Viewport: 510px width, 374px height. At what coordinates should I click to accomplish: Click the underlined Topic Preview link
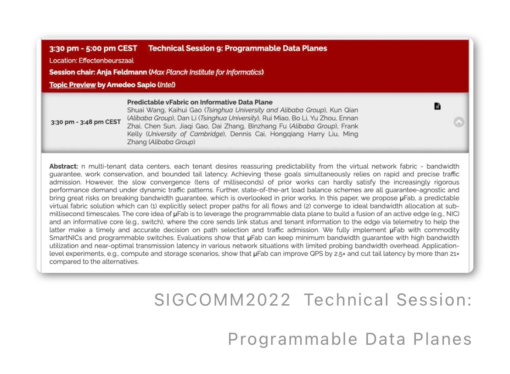(x=72, y=85)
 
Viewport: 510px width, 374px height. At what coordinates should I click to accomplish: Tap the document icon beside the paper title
(x=438, y=106)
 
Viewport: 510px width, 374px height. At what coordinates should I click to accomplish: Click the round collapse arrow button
(x=459, y=122)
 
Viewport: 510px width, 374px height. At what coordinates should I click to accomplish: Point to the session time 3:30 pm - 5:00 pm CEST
(x=93, y=48)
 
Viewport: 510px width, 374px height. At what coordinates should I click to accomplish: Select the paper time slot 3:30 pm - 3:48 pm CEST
(x=85, y=122)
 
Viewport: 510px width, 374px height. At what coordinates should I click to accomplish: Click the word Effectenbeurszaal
(x=106, y=61)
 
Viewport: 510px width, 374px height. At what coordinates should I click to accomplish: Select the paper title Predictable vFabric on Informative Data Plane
(x=200, y=102)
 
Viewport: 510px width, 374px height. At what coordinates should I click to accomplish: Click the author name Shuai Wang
(x=146, y=110)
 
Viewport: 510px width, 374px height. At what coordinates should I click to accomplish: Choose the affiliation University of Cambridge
(x=185, y=134)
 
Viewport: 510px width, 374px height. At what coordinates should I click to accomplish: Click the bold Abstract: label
(x=64, y=166)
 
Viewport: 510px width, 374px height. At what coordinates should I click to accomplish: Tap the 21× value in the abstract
(x=455, y=254)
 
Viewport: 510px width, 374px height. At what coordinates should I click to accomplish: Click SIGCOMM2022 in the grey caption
(x=222, y=299)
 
